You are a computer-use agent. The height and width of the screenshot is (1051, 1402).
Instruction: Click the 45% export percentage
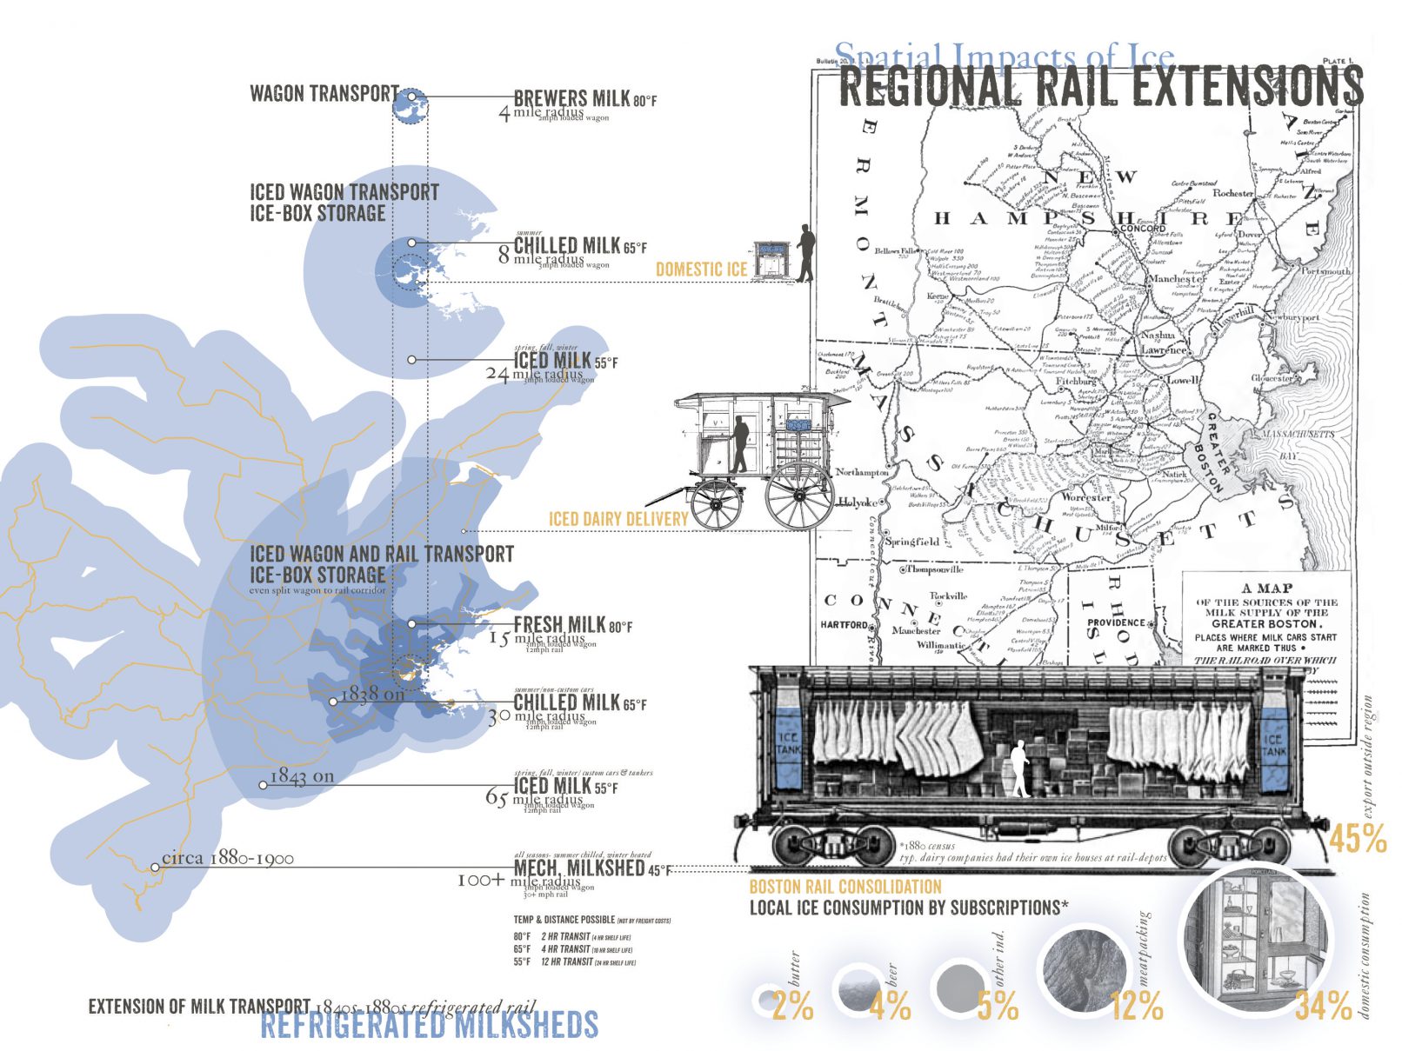click(1357, 840)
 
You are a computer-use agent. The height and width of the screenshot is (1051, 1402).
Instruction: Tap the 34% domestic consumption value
click(1323, 1007)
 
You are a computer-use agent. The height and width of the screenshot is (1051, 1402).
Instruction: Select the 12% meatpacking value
click(1137, 1007)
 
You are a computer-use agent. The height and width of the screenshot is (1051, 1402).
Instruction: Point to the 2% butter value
click(792, 1007)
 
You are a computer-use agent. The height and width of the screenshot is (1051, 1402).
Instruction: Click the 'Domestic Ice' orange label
click(701, 269)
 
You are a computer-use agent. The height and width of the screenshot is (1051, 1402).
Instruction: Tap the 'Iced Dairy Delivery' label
click(618, 520)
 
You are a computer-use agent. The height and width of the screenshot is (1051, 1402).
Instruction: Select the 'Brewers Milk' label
click(571, 98)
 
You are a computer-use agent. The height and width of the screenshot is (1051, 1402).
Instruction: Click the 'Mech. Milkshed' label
click(579, 868)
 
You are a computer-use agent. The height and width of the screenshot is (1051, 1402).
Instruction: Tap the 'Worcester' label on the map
click(1085, 498)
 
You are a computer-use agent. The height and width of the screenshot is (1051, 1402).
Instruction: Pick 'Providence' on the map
click(1116, 622)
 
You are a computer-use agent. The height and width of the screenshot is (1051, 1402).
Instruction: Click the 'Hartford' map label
click(844, 624)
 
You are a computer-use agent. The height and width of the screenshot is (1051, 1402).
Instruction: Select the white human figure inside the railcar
click(1020, 768)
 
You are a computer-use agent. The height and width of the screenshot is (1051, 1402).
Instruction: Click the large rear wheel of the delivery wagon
click(798, 496)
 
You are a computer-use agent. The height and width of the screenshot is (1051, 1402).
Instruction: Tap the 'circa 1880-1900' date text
click(228, 858)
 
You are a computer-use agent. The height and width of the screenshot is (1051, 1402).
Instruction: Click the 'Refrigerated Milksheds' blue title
click(430, 1025)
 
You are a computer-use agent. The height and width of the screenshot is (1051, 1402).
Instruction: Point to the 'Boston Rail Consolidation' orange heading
click(845, 887)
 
